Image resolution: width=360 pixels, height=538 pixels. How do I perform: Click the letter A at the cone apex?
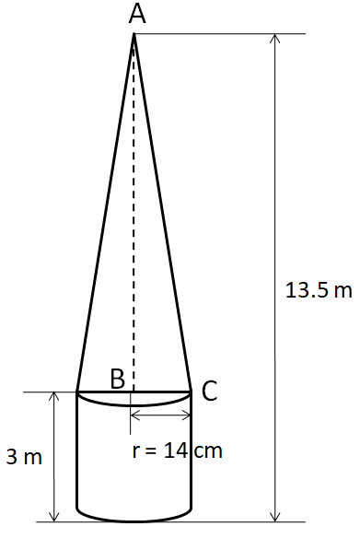(x=137, y=15)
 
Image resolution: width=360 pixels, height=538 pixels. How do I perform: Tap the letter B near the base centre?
(x=118, y=379)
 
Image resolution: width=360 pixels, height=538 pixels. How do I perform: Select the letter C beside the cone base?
(x=210, y=391)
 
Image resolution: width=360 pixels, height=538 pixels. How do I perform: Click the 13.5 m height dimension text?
(x=319, y=290)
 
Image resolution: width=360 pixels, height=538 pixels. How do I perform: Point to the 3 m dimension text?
(x=24, y=457)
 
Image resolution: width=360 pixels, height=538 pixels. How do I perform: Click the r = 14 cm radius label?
(x=178, y=450)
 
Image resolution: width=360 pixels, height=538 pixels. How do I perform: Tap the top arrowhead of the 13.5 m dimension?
(x=275, y=39)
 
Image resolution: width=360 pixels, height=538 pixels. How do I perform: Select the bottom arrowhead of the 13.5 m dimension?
(x=275, y=517)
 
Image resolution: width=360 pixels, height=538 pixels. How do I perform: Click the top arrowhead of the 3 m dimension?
(x=53, y=396)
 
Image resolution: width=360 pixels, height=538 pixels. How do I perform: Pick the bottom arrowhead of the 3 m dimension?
(x=53, y=517)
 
